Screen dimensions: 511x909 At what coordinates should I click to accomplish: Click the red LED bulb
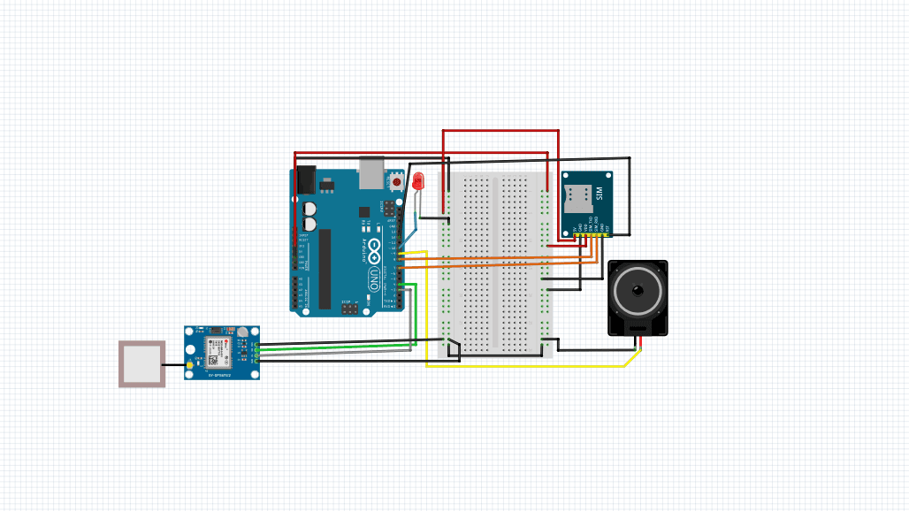pyautogui.click(x=418, y=182)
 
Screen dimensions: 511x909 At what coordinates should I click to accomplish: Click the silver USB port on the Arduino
pyautogui.click(x=371, y=173)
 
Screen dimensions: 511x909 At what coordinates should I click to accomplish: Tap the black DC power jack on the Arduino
pyautogui.click(x=305, y=179)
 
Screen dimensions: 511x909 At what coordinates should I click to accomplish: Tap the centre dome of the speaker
pyautogui.click(x=638, y=290)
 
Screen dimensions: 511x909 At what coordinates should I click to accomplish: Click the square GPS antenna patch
pyautogui.click(x=142, y=363)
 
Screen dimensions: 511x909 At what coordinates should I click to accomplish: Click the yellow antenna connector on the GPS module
pyautogui.click(x=190, y=364)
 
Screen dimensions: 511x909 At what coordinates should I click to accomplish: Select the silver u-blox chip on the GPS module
pyautogui.click(x=215, y=350)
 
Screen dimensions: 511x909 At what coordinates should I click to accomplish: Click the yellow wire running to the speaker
pyautogui.click(x=531, y=366)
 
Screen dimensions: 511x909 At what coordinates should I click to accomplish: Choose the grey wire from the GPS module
pyautogui.click(x=336, y=352)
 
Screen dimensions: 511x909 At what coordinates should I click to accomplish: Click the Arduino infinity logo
pyautogui.click(x=375, y=243)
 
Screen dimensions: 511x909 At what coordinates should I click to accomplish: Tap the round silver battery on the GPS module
pyautogui.click(x=241, y=332)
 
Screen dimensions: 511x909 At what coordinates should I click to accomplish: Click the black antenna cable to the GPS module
pyautogui.click(x=175, y=364)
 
